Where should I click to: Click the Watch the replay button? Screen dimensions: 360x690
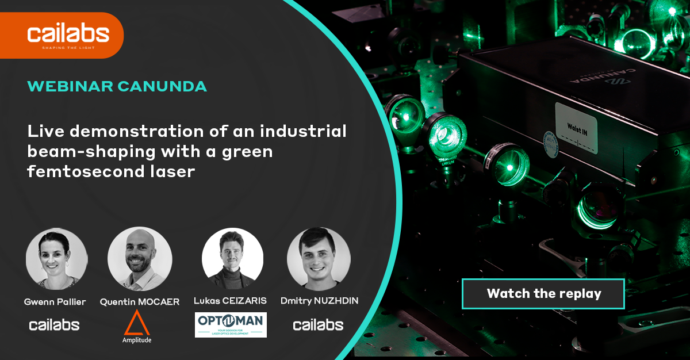tap(543, 294)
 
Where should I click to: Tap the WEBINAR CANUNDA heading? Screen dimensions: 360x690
tap(117, 87)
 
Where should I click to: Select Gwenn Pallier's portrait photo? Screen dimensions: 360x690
tap(56, 258)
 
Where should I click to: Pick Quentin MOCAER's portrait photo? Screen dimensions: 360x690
tap(140, 258)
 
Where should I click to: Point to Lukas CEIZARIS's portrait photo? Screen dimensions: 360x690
tap(233, 258)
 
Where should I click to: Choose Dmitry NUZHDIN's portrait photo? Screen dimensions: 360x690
tap(319, 258)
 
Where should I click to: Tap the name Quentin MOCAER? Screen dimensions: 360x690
tap(140, 301)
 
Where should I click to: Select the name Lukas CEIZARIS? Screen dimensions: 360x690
tap(231, 301)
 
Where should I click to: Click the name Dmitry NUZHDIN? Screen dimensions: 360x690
tap(319, 301)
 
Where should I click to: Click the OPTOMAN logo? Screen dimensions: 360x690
tap(231, 324)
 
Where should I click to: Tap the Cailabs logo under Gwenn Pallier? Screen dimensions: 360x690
tap(54, 325)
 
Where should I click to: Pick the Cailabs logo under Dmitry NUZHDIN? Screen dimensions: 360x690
tap(318, 325)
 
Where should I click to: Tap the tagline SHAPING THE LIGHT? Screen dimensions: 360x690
tap(68, 48)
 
